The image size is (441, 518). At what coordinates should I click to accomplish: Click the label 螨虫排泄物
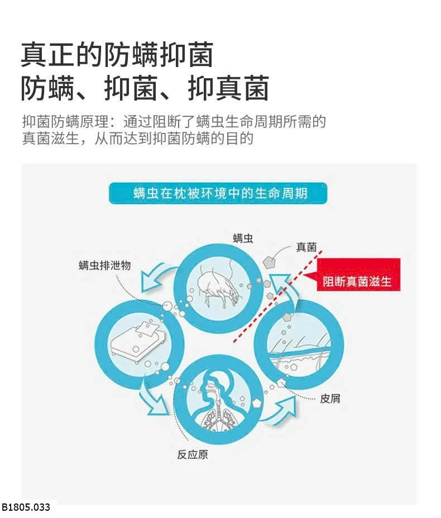[x=104, y=265]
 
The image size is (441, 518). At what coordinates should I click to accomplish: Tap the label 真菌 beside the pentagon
[x=306, y=247]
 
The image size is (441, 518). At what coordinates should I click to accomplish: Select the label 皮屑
[x=330, y=398]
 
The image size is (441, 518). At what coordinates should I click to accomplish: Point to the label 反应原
[x=193, y=454]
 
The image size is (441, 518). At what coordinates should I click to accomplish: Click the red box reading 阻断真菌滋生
[x=358, y=274]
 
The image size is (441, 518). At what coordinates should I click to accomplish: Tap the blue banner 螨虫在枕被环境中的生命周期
[x=218, y=193]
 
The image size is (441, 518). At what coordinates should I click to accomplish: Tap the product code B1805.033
[x=26, y=507]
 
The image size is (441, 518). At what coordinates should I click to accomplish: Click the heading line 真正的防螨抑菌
[x=117, y=55]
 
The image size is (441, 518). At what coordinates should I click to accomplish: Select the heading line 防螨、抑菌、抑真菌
[x=145, y=88]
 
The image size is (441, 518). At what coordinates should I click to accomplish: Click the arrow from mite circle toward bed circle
[x=155, y=277]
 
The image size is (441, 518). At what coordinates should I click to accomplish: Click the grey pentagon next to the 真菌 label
[x=269, y=262]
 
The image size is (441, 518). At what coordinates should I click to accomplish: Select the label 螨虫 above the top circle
[x=243, y=238]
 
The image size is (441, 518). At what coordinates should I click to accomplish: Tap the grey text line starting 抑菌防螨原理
[x=174, y=122]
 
